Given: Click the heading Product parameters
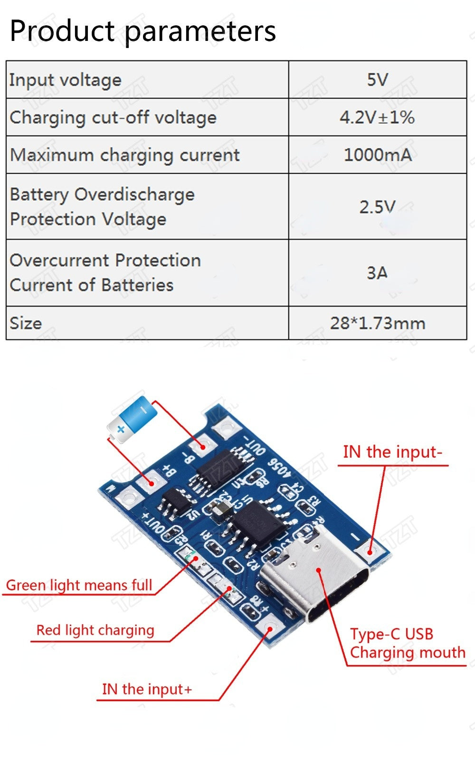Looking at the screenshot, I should tap(142, 31).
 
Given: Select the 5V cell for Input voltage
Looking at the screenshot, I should tap(378, 80).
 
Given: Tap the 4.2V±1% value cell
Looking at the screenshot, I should tap(377, 118).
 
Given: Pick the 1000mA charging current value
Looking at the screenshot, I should tap(378, 155).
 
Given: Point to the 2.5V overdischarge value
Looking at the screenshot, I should tap(378, 207).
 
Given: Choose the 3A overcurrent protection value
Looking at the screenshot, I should tap(377, 273).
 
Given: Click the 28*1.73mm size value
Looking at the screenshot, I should tap(378, 323).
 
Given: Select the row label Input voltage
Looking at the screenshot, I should tap(66, 80).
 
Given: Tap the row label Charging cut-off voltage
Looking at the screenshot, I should tap(113, 118).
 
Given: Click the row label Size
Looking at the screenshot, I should tap(26, 323).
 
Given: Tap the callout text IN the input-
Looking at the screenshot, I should tap(392, 452).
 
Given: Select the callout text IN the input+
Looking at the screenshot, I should tap(147, 689).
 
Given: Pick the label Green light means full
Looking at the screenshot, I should tap(79, 585).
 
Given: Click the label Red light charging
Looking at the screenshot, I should tap(95, 630).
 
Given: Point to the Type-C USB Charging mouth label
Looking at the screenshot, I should tap(407, 643).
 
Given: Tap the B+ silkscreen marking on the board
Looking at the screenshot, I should tap(170, 470).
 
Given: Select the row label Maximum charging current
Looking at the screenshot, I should tap(125, 155).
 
